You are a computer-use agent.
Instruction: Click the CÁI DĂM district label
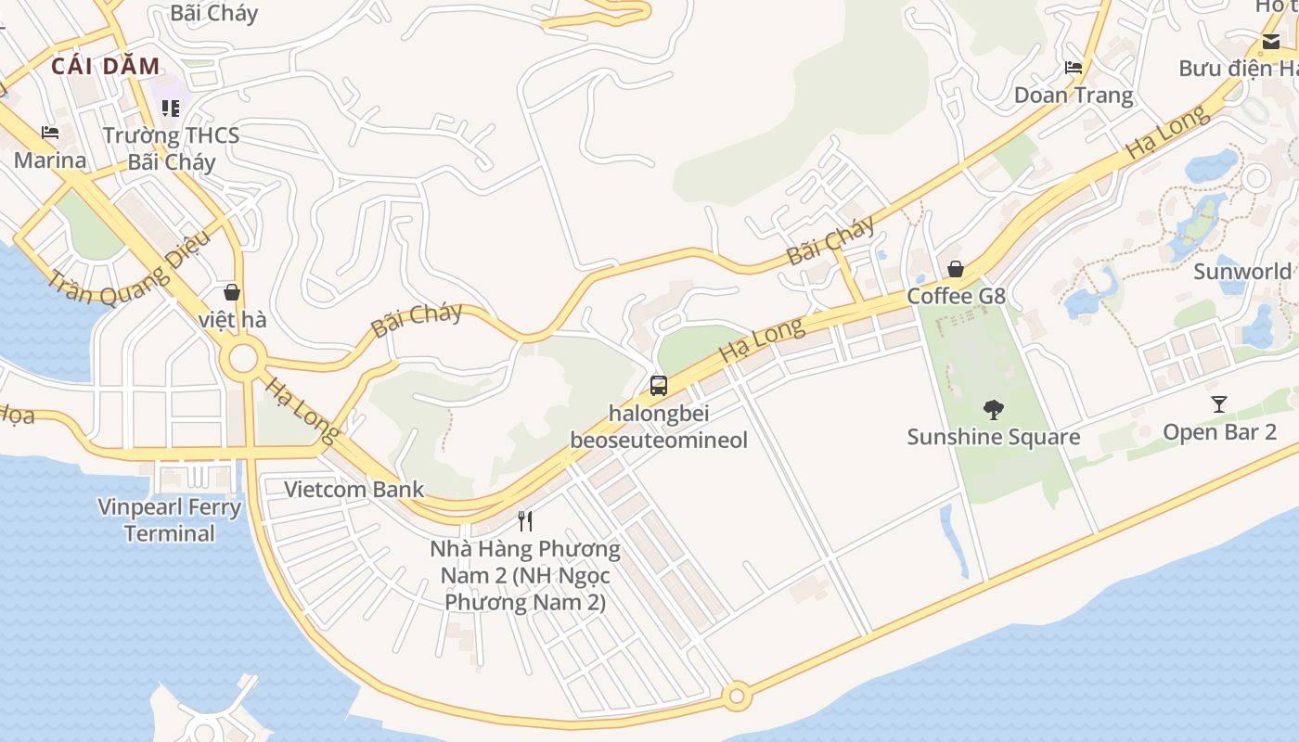tap(106, 66)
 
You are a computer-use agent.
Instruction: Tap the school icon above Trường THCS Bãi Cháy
tap(171, 109)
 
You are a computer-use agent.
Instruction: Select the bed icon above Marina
tap(50, 134)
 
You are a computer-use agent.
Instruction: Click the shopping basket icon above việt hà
tap(232, 292)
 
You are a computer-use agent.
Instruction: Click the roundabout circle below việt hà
tap(243, 358)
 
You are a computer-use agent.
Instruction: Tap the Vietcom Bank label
tap(354, 489)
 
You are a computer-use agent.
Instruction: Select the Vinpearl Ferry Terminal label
tap(170, 520)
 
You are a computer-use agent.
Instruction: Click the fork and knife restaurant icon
tap(525, 520)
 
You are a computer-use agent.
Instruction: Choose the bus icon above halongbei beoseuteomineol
tap(659, 386)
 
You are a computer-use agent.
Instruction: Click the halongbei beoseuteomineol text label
tap(659, 426)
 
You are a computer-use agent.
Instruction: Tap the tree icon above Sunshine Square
tap(993, 409)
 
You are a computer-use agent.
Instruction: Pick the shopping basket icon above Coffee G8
tap(956, 269)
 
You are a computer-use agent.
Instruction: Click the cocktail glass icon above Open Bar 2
tap(1219, 404)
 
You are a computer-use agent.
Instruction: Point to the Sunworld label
tap(1241, 272)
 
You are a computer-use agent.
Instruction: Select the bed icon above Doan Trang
tap(1074, 68)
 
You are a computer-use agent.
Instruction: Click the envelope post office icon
tap(1270, 41)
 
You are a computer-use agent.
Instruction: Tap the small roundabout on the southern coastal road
tap(738, 695)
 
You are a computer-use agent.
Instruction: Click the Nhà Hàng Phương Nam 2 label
tap(525, 575)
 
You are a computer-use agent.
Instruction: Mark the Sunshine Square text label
tap(993, 437)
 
